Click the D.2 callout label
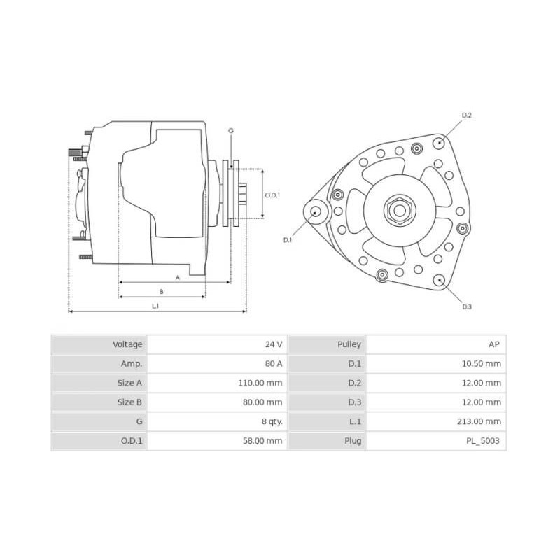click(x=467, y=115)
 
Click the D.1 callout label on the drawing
click(x=287, y=240)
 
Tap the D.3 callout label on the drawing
click(x=467, y=307)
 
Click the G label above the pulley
click(x=231, y=131)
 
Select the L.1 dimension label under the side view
click(x=155, y=306)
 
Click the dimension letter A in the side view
click(x=177, y=277)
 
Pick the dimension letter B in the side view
click(x=162, y=291)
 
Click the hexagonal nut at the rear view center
click(x=399, y=209)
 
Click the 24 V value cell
click(x=273, y=344)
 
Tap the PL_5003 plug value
click(x=485, y=441)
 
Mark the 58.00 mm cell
click(x=265, y=441)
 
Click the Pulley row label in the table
click(x=349, y=344)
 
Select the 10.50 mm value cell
click(x=482, y=364)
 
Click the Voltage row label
click(x=127, y=344)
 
